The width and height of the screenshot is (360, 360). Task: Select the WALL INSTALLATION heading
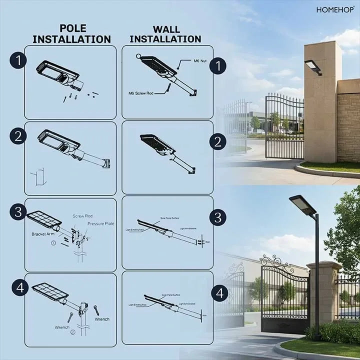click(x=165, y=33)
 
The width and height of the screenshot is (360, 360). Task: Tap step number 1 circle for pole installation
click(x=18, y=60)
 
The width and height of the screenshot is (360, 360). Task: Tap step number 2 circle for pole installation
click(x=18, y=136)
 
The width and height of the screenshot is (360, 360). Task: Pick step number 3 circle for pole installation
click(x=18, y=211)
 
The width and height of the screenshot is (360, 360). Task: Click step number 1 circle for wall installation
click(x=217, y=65)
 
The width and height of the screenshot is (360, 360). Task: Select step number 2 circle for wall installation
click(x=217, y=141)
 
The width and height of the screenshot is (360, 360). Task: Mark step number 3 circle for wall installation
click(x=217, y=217)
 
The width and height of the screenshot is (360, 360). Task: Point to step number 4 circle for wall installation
click(x=219, y=293)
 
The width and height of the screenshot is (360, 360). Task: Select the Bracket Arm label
click(x=42, y=233)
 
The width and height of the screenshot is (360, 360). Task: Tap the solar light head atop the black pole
click(x=302, y=205)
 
